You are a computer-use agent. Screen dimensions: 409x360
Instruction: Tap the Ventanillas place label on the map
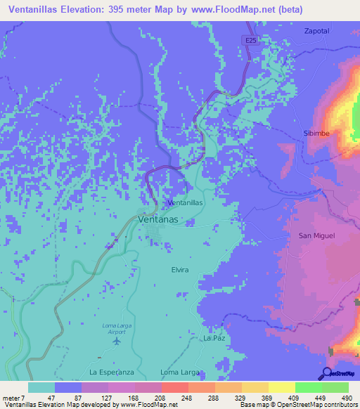click(186, 202)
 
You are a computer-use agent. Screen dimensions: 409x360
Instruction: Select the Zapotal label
click(316, 31)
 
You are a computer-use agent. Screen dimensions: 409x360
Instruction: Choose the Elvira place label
click(180, 270)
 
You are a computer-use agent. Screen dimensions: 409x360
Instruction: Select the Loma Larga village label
click(181, 371)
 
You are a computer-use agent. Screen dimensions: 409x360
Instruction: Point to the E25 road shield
click(251, 41)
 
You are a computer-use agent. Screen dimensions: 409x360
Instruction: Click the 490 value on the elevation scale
click(346, 398)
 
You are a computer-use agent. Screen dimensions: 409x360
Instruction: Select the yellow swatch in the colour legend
click(281, 387)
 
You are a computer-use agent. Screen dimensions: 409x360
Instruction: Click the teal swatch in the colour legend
click(41, 387)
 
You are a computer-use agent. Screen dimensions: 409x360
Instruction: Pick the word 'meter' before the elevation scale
click(11, 398)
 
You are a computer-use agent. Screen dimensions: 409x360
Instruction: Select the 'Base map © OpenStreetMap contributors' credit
click(298, 405)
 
